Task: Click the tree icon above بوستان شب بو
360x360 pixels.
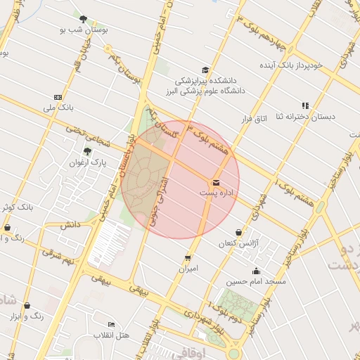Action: (x=84, y=19)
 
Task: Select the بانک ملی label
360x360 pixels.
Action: (x=58, y=108)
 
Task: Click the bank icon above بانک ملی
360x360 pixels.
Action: (x=58, y=97)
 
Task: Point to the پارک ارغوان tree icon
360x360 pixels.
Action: (x=87, y=152)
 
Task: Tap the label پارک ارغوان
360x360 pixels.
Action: (x=87, y=162)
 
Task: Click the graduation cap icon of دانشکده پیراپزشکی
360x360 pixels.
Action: (x=205, y=70)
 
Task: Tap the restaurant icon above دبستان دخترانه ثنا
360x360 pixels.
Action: (x=305, y=105)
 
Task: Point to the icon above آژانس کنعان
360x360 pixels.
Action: (x=238, y=232)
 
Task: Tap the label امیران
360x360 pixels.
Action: (x=188, y=269)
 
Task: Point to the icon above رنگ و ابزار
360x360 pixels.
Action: (x=27, y=306)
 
